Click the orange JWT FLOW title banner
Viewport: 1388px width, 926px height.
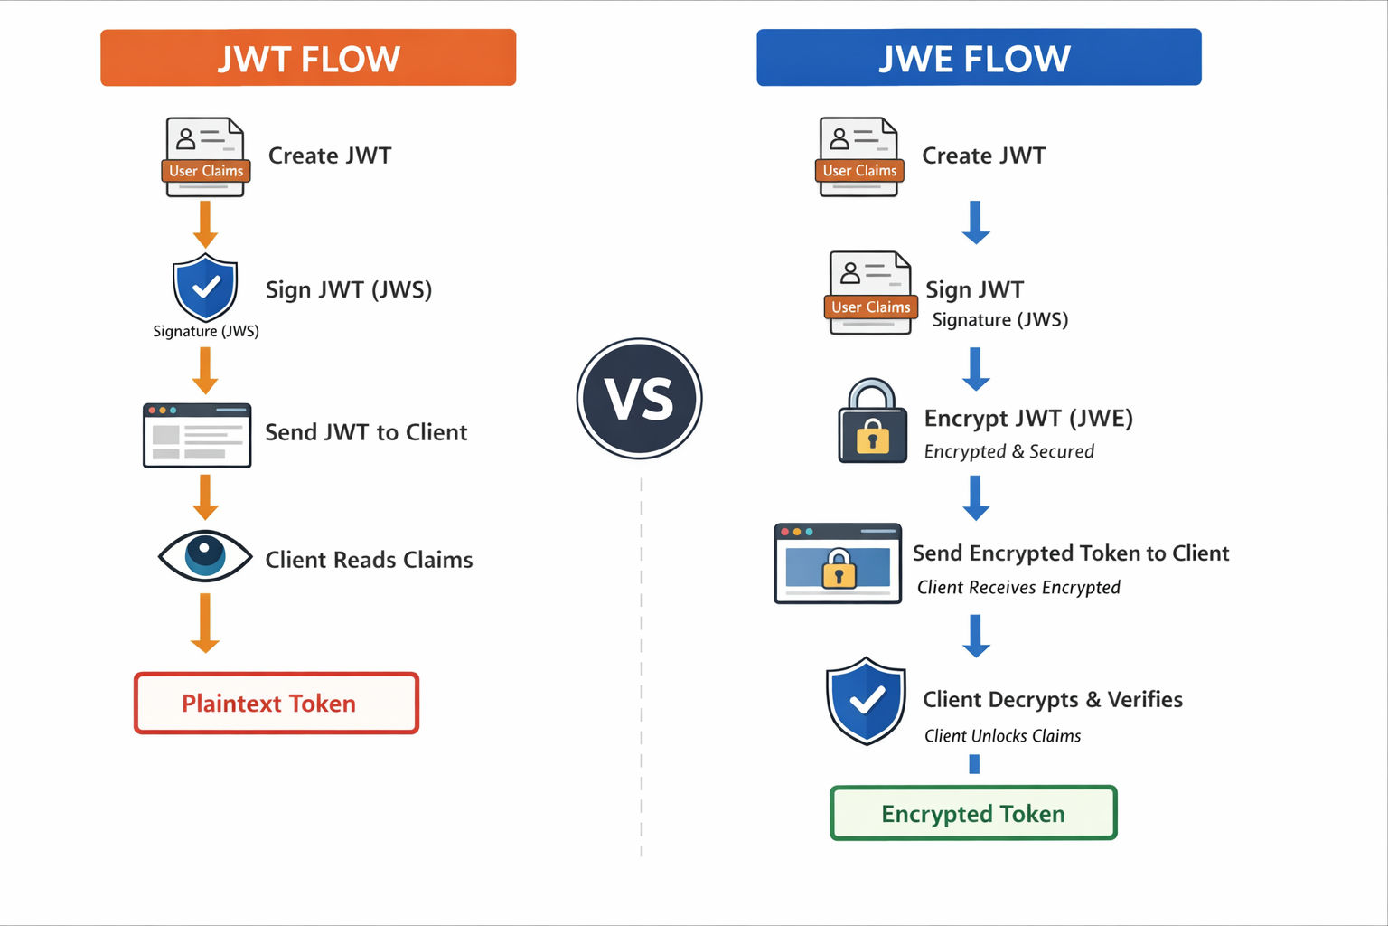tap(308, 58)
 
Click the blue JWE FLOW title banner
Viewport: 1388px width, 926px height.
tap(979, 58)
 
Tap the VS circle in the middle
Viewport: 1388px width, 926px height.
tap(639, 399)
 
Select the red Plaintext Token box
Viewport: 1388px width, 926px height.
tap(277, 703)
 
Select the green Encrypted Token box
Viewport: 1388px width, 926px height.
tap(973, 813)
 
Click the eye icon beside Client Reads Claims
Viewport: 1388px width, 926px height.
tap(205, 554)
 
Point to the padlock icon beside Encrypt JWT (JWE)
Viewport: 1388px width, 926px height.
tap(872, 422)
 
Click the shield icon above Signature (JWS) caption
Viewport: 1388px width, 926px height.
tap(205, 287)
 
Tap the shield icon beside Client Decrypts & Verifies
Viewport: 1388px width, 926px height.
tap(866, 701)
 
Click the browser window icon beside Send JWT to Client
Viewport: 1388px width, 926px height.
tap(197, 435)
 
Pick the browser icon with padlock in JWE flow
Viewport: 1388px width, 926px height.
tap(838, 562)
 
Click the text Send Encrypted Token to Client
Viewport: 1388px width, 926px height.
tap(1071, 553)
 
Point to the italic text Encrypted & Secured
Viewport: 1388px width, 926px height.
tap(1008, 451)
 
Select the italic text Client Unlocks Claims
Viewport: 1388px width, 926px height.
tap(1002, 736)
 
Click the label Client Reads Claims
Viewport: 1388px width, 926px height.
tap(369, 560)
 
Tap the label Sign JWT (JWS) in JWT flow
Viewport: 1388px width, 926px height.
tap(349, 289)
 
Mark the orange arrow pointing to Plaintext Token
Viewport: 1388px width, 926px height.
tap(205, 623)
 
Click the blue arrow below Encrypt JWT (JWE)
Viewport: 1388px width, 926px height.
tap(976, 497)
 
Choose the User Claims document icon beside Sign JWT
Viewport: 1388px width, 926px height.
tap(870, 293)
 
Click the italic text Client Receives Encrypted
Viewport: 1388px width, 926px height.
tap(1018, 588)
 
